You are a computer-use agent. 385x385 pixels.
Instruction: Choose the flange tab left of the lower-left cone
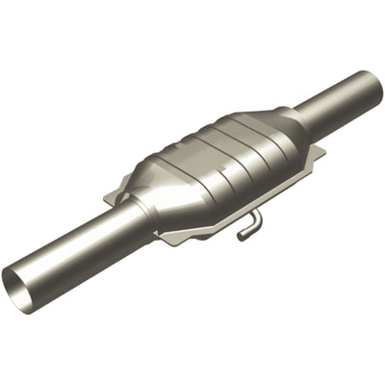[x=115, y=196]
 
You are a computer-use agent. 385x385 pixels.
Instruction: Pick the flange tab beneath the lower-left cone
[x=178, y=237]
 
